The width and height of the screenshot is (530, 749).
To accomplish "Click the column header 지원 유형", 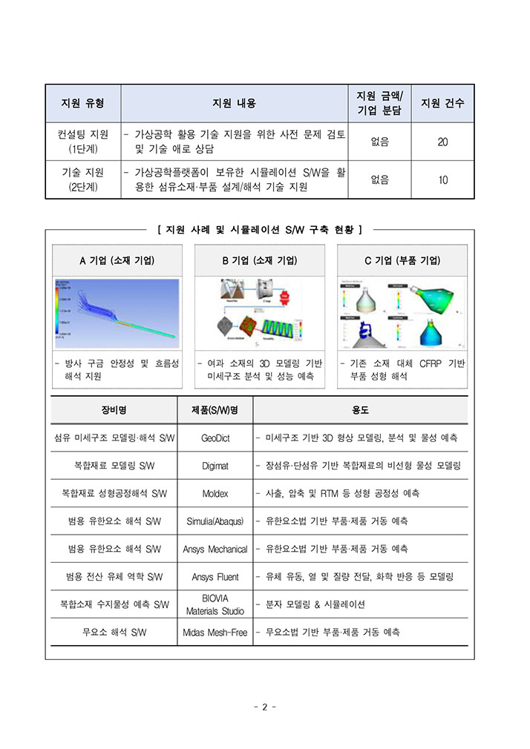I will [82, 103].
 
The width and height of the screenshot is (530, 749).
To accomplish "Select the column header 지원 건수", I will [442, 103].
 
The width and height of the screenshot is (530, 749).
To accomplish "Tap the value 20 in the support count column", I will [442, 142].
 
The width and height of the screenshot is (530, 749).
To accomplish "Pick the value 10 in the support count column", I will [442, 179].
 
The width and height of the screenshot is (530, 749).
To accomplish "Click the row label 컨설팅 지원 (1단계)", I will [82, 142].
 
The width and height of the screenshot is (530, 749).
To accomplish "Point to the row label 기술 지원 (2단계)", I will [82, 179].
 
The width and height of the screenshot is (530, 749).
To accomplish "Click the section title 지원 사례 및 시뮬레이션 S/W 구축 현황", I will [260, 230].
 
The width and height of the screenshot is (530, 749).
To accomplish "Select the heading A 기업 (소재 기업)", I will [117, 260].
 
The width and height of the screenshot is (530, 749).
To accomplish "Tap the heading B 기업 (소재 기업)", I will [260, 260].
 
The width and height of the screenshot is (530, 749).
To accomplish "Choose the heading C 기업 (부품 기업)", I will [402, 260].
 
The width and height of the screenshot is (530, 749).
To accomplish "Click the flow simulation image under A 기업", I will [117, 313].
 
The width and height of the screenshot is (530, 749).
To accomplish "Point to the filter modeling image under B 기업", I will [260, 313].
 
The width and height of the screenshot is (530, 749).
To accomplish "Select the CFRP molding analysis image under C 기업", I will [402, 313].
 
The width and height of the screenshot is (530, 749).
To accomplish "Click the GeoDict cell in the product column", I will [215, 438].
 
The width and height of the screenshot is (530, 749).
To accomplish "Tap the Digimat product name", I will [215, 466].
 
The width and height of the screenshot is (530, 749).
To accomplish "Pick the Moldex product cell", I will [215, 493].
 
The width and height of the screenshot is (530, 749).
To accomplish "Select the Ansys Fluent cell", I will [215, 576].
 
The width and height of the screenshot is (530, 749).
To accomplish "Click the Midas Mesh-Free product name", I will [215, 633].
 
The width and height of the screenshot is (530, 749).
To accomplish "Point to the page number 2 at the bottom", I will [264, 707].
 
